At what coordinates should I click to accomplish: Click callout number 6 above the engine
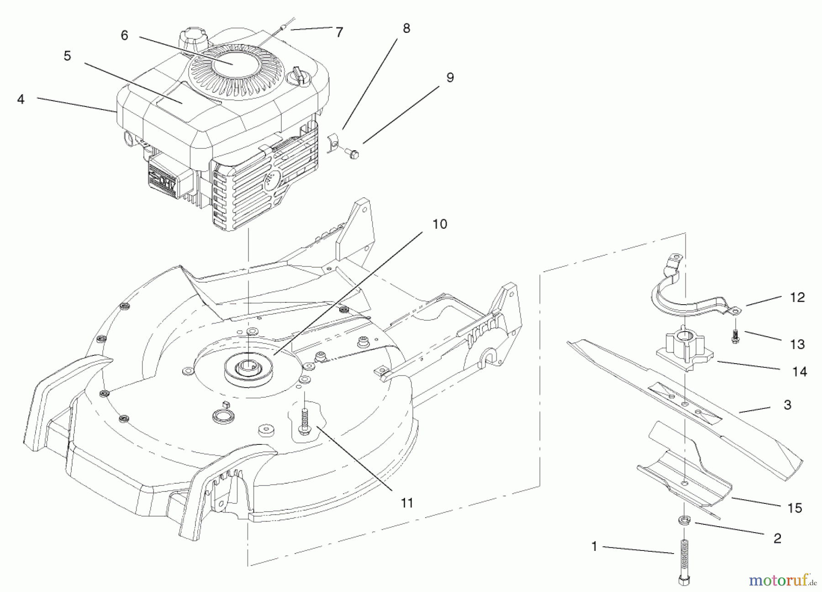pos(125,35)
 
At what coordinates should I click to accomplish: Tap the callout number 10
pos(440,224)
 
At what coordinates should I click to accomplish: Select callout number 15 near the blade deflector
pos(795,508)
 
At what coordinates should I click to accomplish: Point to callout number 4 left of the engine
pos(21,99)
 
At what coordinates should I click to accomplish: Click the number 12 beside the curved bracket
pos(797,297)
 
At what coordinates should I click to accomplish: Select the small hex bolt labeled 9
pos(353,153)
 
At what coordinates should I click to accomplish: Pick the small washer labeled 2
pos(684,520)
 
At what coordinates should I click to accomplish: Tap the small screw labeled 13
pos(735,338)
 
